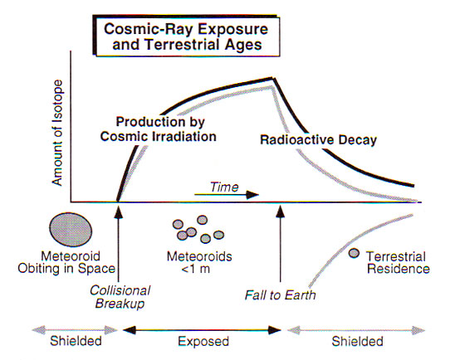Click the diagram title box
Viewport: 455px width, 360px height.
tap(186, 36)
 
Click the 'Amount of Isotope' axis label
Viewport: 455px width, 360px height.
tap(57, 133)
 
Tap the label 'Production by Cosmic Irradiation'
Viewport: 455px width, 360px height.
tap(159, 129)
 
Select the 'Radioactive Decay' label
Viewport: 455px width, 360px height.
tap(318, 140)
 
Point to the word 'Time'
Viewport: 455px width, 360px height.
tap(224, 187)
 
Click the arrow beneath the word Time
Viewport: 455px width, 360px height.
tap(227, 195)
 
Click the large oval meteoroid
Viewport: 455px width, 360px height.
tap(71, 230)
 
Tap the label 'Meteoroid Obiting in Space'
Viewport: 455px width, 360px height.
tap(66, 263)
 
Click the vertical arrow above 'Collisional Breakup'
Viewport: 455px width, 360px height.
tap(119, 244)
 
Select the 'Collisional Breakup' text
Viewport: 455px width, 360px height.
tap(120, 297)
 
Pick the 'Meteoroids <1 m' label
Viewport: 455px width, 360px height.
tap(199, 263)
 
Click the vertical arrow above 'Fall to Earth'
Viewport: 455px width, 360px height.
tap(281, 244)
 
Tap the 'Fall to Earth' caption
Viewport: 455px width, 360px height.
tap(281, 295)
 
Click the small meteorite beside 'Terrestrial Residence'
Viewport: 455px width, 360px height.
tap(354, 253)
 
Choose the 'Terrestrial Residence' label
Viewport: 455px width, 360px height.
tap(398, 263)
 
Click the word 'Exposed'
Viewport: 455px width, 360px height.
tap(203, 341)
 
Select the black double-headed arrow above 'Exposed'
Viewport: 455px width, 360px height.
tap(202, 330)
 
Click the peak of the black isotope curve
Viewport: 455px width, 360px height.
tap(272, 77)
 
